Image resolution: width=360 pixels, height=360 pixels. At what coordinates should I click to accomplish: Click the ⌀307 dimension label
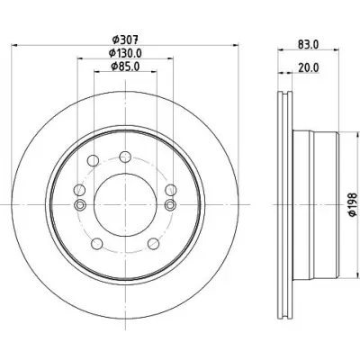tap(125, 39)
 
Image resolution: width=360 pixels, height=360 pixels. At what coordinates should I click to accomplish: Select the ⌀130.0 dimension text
tap(125, 53)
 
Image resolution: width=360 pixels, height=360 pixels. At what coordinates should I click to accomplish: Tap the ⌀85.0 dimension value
tap(125, 67)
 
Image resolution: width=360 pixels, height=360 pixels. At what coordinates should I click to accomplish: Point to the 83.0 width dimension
tap(308, 44)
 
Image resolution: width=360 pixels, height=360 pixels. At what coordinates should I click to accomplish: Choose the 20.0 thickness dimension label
tap(309, 68)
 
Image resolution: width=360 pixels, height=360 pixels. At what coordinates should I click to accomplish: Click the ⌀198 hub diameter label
tap(353, 204)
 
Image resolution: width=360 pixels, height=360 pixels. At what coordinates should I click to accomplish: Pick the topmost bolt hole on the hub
tap(125, 157)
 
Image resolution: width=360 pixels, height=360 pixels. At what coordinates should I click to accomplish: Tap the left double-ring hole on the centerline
tap(80, 205)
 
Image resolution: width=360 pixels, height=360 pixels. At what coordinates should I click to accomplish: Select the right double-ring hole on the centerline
tap(171, 205)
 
